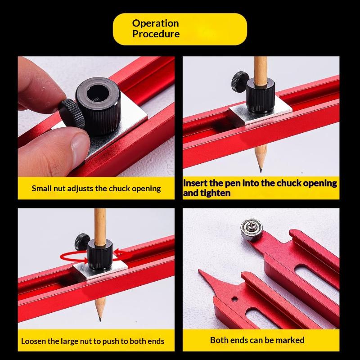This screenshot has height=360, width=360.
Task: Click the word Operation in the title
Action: (155, 23)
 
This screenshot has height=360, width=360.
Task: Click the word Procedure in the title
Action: (156, 34)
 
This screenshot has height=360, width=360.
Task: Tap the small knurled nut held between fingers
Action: (72, 114)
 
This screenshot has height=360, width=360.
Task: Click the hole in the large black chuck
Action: (98, 94)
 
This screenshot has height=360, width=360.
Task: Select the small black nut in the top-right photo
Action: (240, 82)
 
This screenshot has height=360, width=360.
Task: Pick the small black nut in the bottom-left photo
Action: (81, 242)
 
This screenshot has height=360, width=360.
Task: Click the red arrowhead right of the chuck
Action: (117, 252)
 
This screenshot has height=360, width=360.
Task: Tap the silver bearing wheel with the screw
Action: (252, 229)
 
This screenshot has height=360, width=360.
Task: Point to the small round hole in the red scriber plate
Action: (234, 299)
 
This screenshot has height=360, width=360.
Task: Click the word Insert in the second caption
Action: (195, 183)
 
